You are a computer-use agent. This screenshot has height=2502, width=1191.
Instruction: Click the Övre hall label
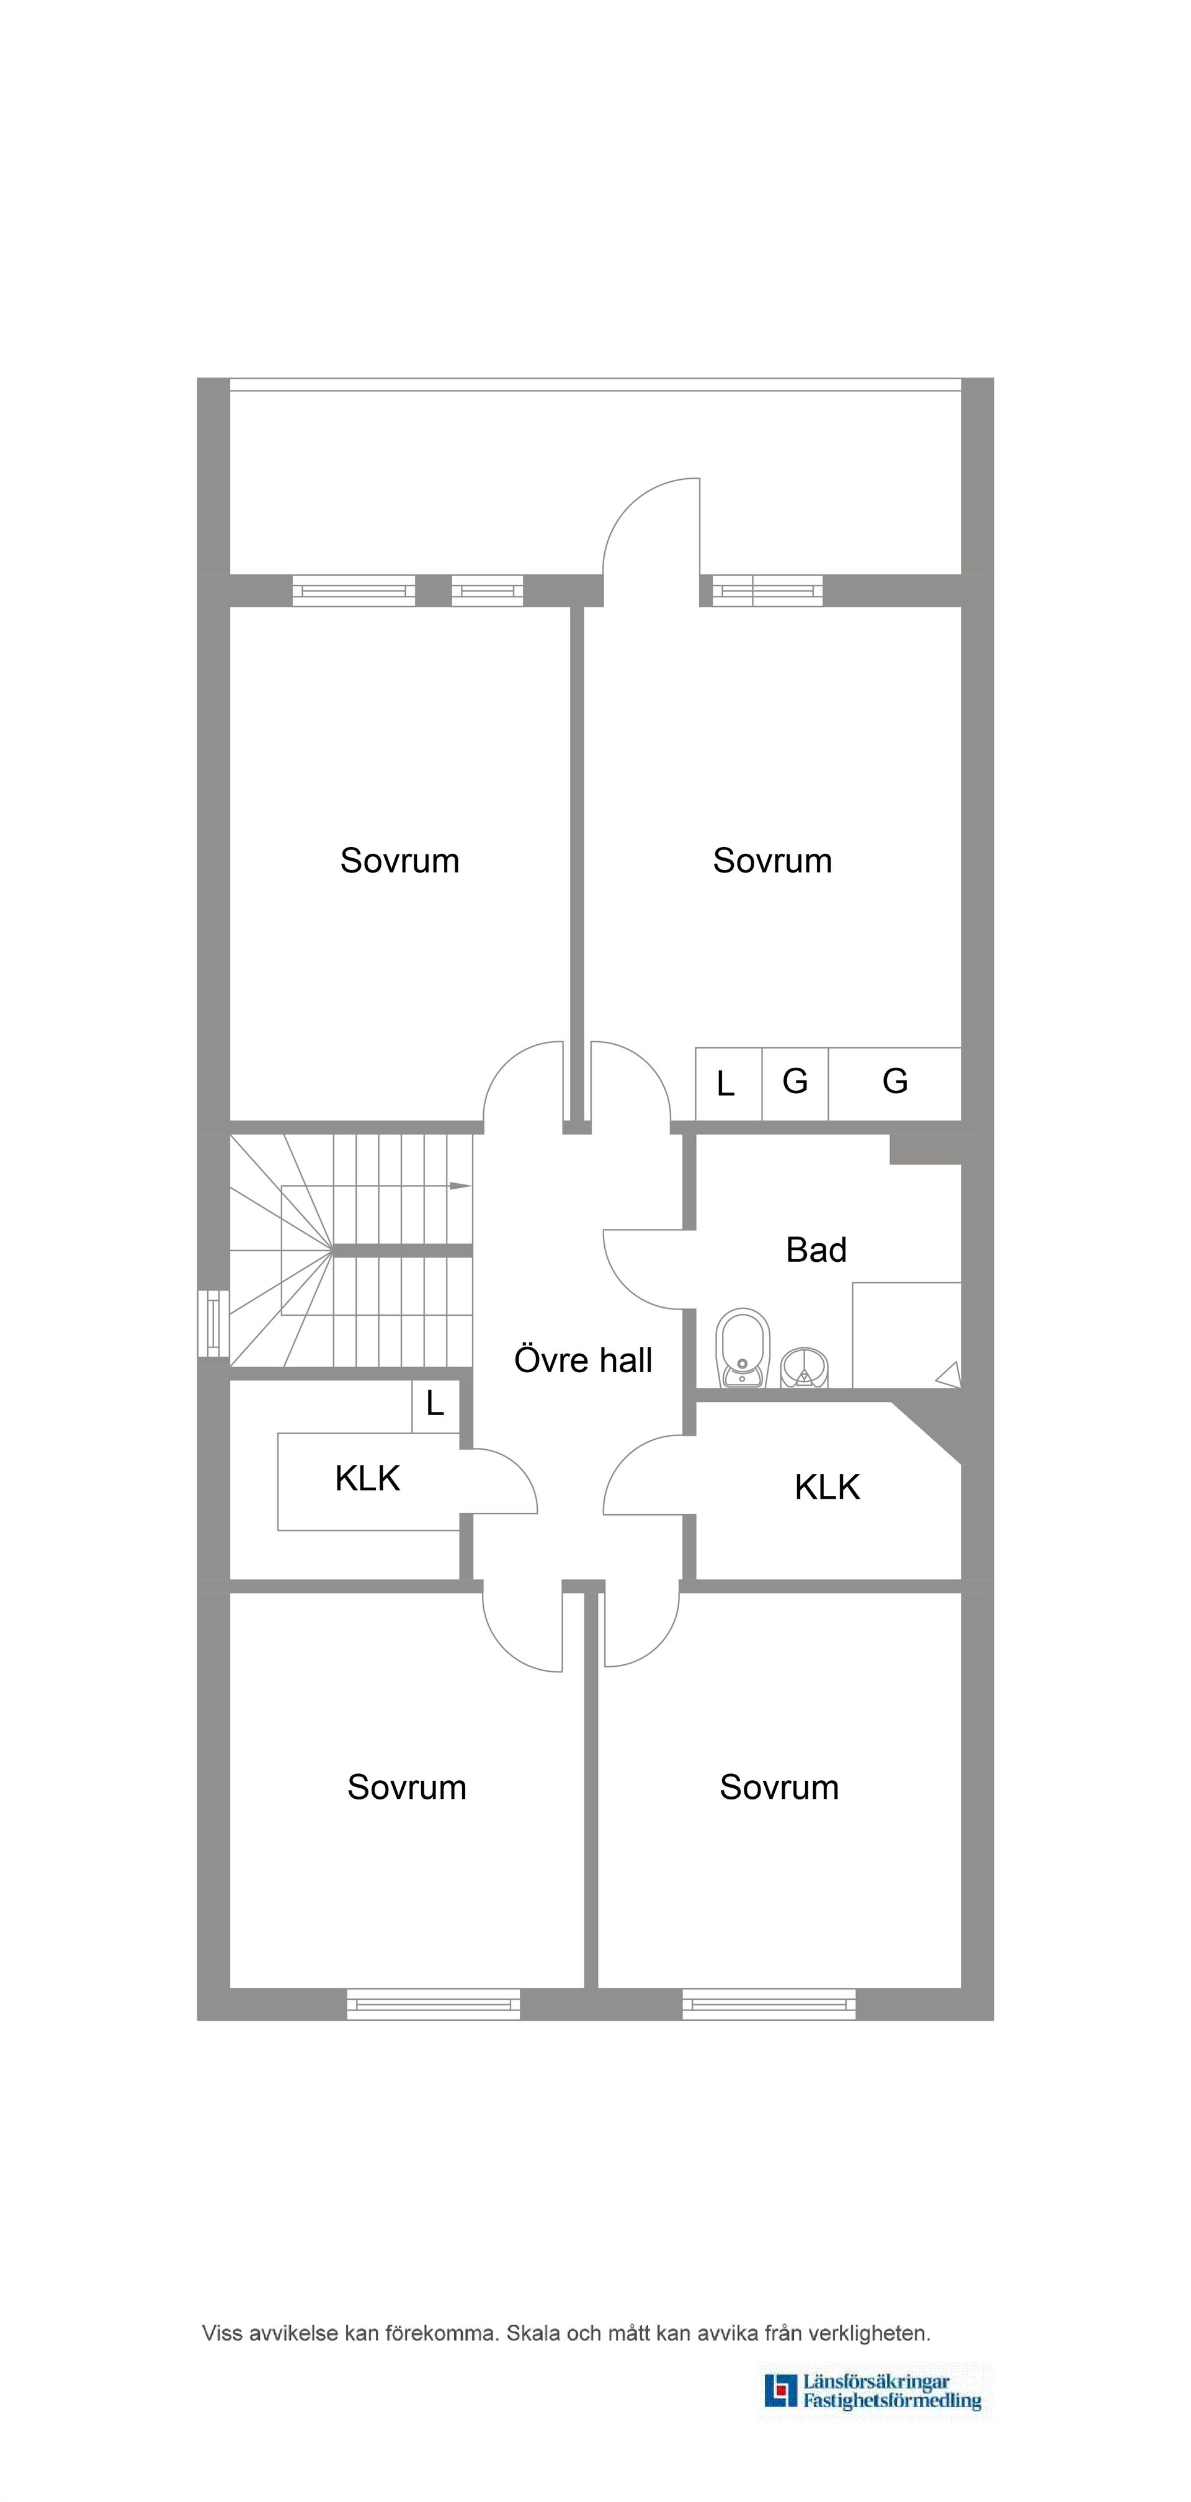click(583, 1360)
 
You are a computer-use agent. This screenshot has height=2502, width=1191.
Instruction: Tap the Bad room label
click(816, 1250)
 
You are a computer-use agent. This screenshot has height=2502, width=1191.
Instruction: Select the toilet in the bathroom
click(743, 1348)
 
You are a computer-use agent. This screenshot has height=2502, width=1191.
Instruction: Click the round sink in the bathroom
click(805, 1367)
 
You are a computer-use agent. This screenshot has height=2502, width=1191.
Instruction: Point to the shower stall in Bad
click(906, 1336)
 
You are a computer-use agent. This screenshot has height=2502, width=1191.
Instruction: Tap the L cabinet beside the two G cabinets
click(729, 1084)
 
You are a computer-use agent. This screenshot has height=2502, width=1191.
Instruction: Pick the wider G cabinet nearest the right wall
click(894, 1084)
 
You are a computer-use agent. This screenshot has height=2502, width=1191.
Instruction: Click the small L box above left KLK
click(435, 1406)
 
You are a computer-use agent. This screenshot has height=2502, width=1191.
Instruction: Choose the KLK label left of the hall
click(367, 1478)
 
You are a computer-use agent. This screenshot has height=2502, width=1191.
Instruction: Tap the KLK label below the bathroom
click(827, 1487)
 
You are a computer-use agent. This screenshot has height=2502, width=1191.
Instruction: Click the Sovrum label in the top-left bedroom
click(399, 861)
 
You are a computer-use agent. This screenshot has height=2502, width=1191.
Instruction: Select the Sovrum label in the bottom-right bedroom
click(779, 1787)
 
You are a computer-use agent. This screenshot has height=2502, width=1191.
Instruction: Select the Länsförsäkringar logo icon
click(780, 2390)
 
